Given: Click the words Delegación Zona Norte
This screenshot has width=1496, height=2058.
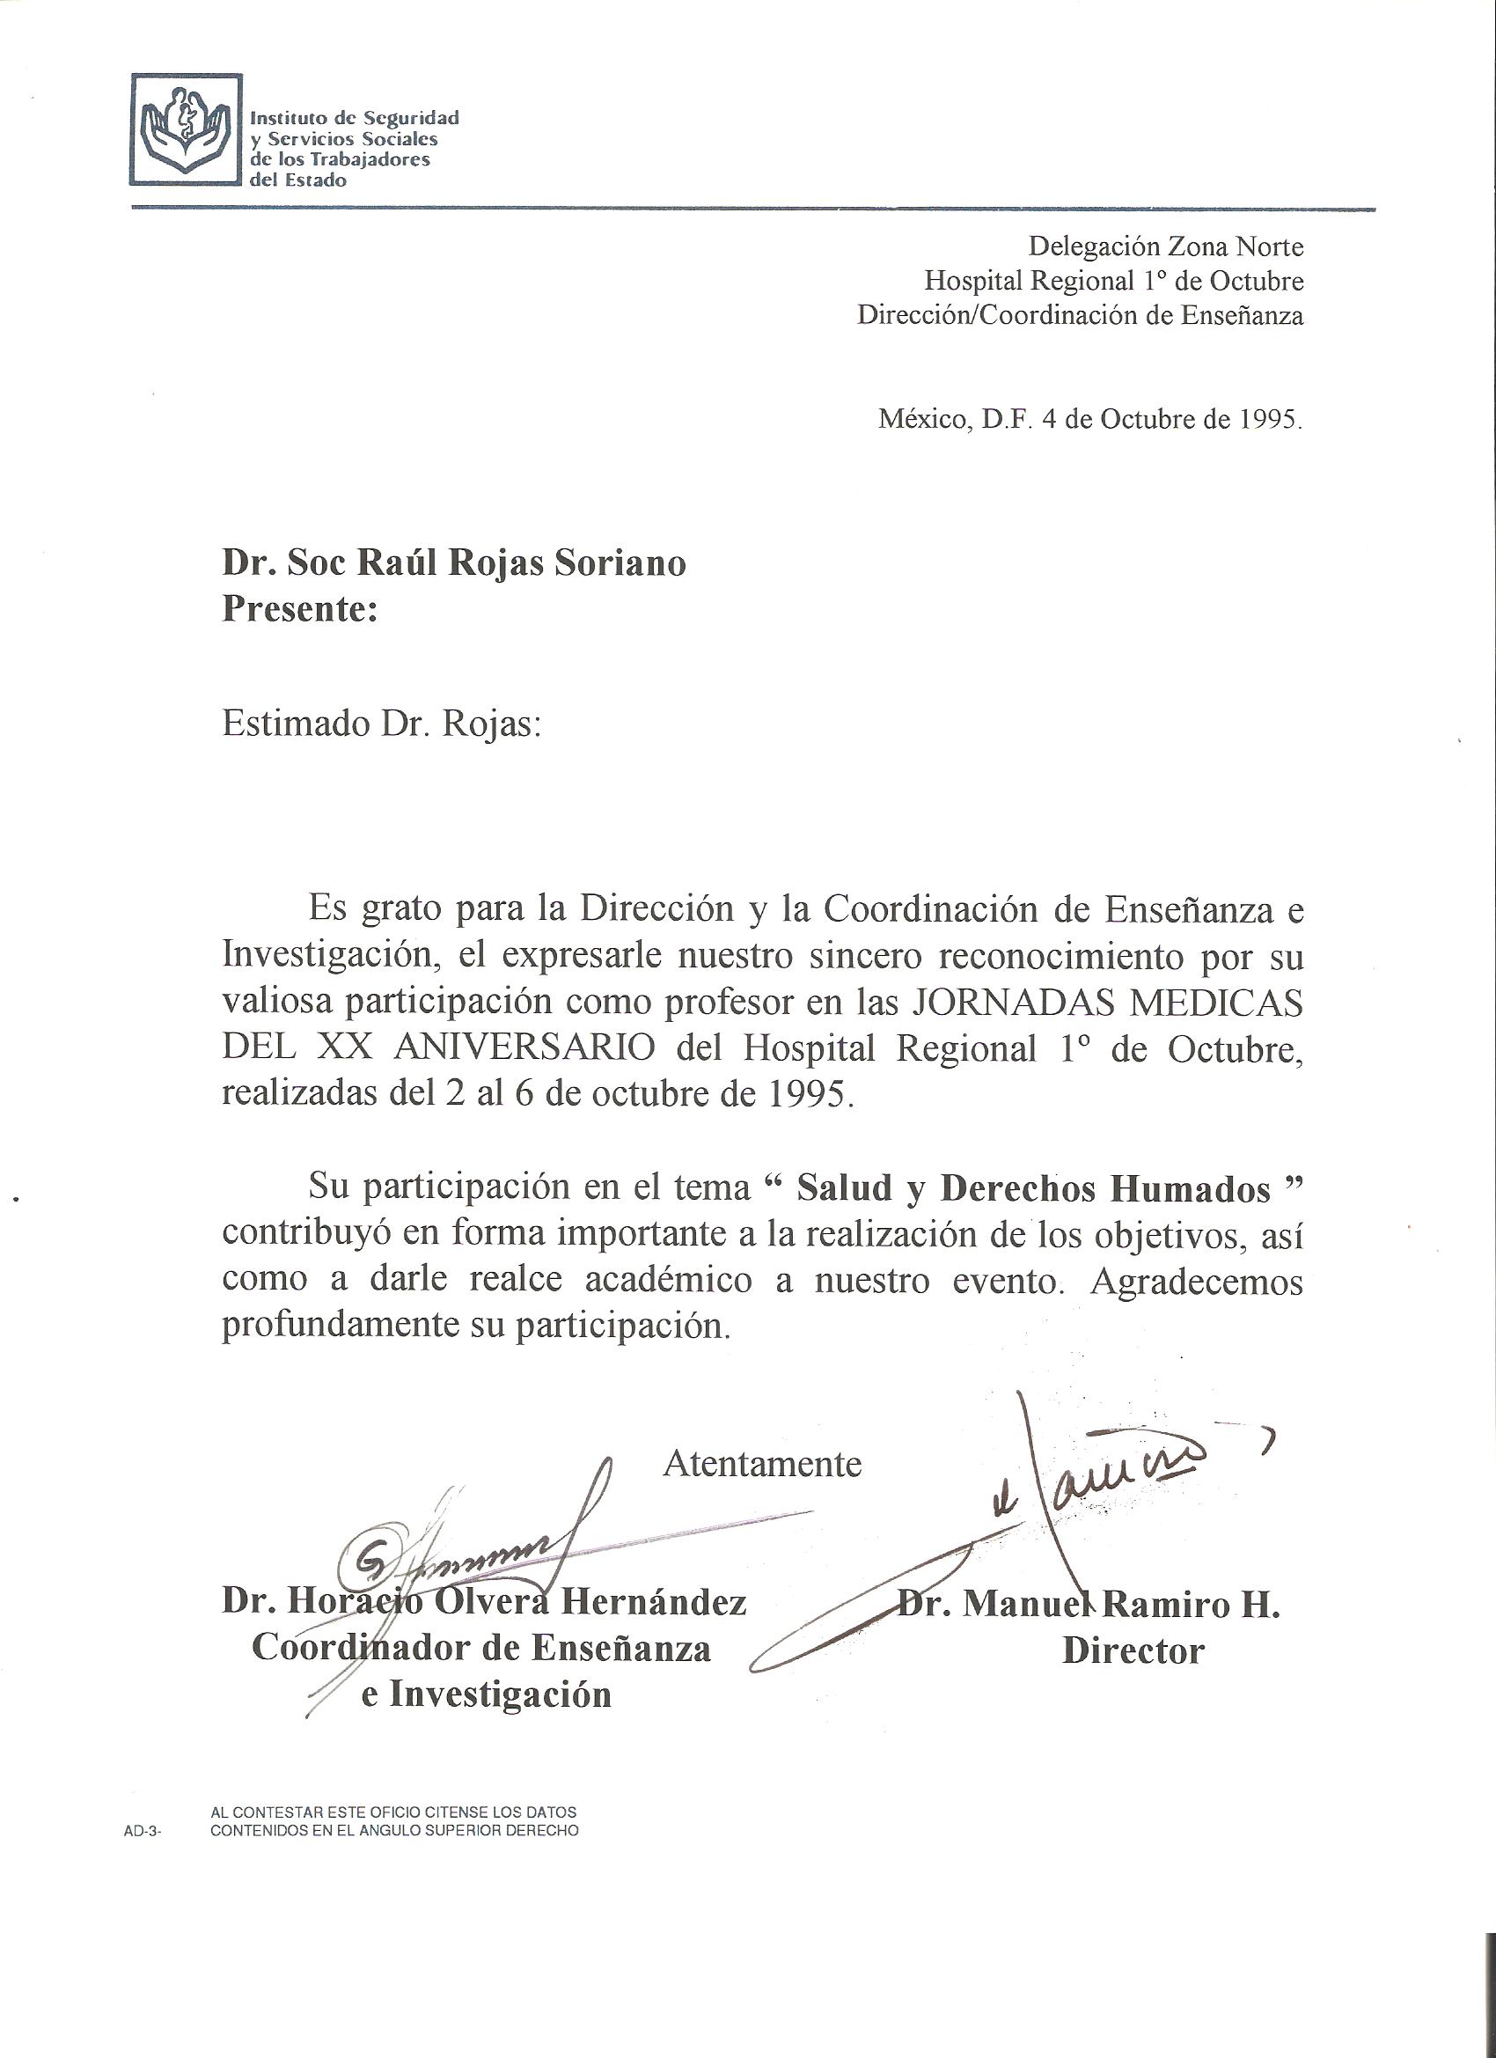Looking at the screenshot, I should tap(1166, 246).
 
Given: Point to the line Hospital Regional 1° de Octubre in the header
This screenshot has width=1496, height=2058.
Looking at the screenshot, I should tap(1113, 282).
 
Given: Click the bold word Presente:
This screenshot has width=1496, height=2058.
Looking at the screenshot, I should tap(299, 610).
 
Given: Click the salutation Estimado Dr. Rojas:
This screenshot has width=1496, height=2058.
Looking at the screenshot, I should tap(381, 725).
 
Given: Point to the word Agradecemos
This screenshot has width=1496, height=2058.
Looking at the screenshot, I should tap(1197, 1282).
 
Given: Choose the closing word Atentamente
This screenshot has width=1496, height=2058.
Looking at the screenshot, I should tap(762, 1465).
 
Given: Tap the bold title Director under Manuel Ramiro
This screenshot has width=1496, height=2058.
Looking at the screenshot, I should tap(1133, 1650).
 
